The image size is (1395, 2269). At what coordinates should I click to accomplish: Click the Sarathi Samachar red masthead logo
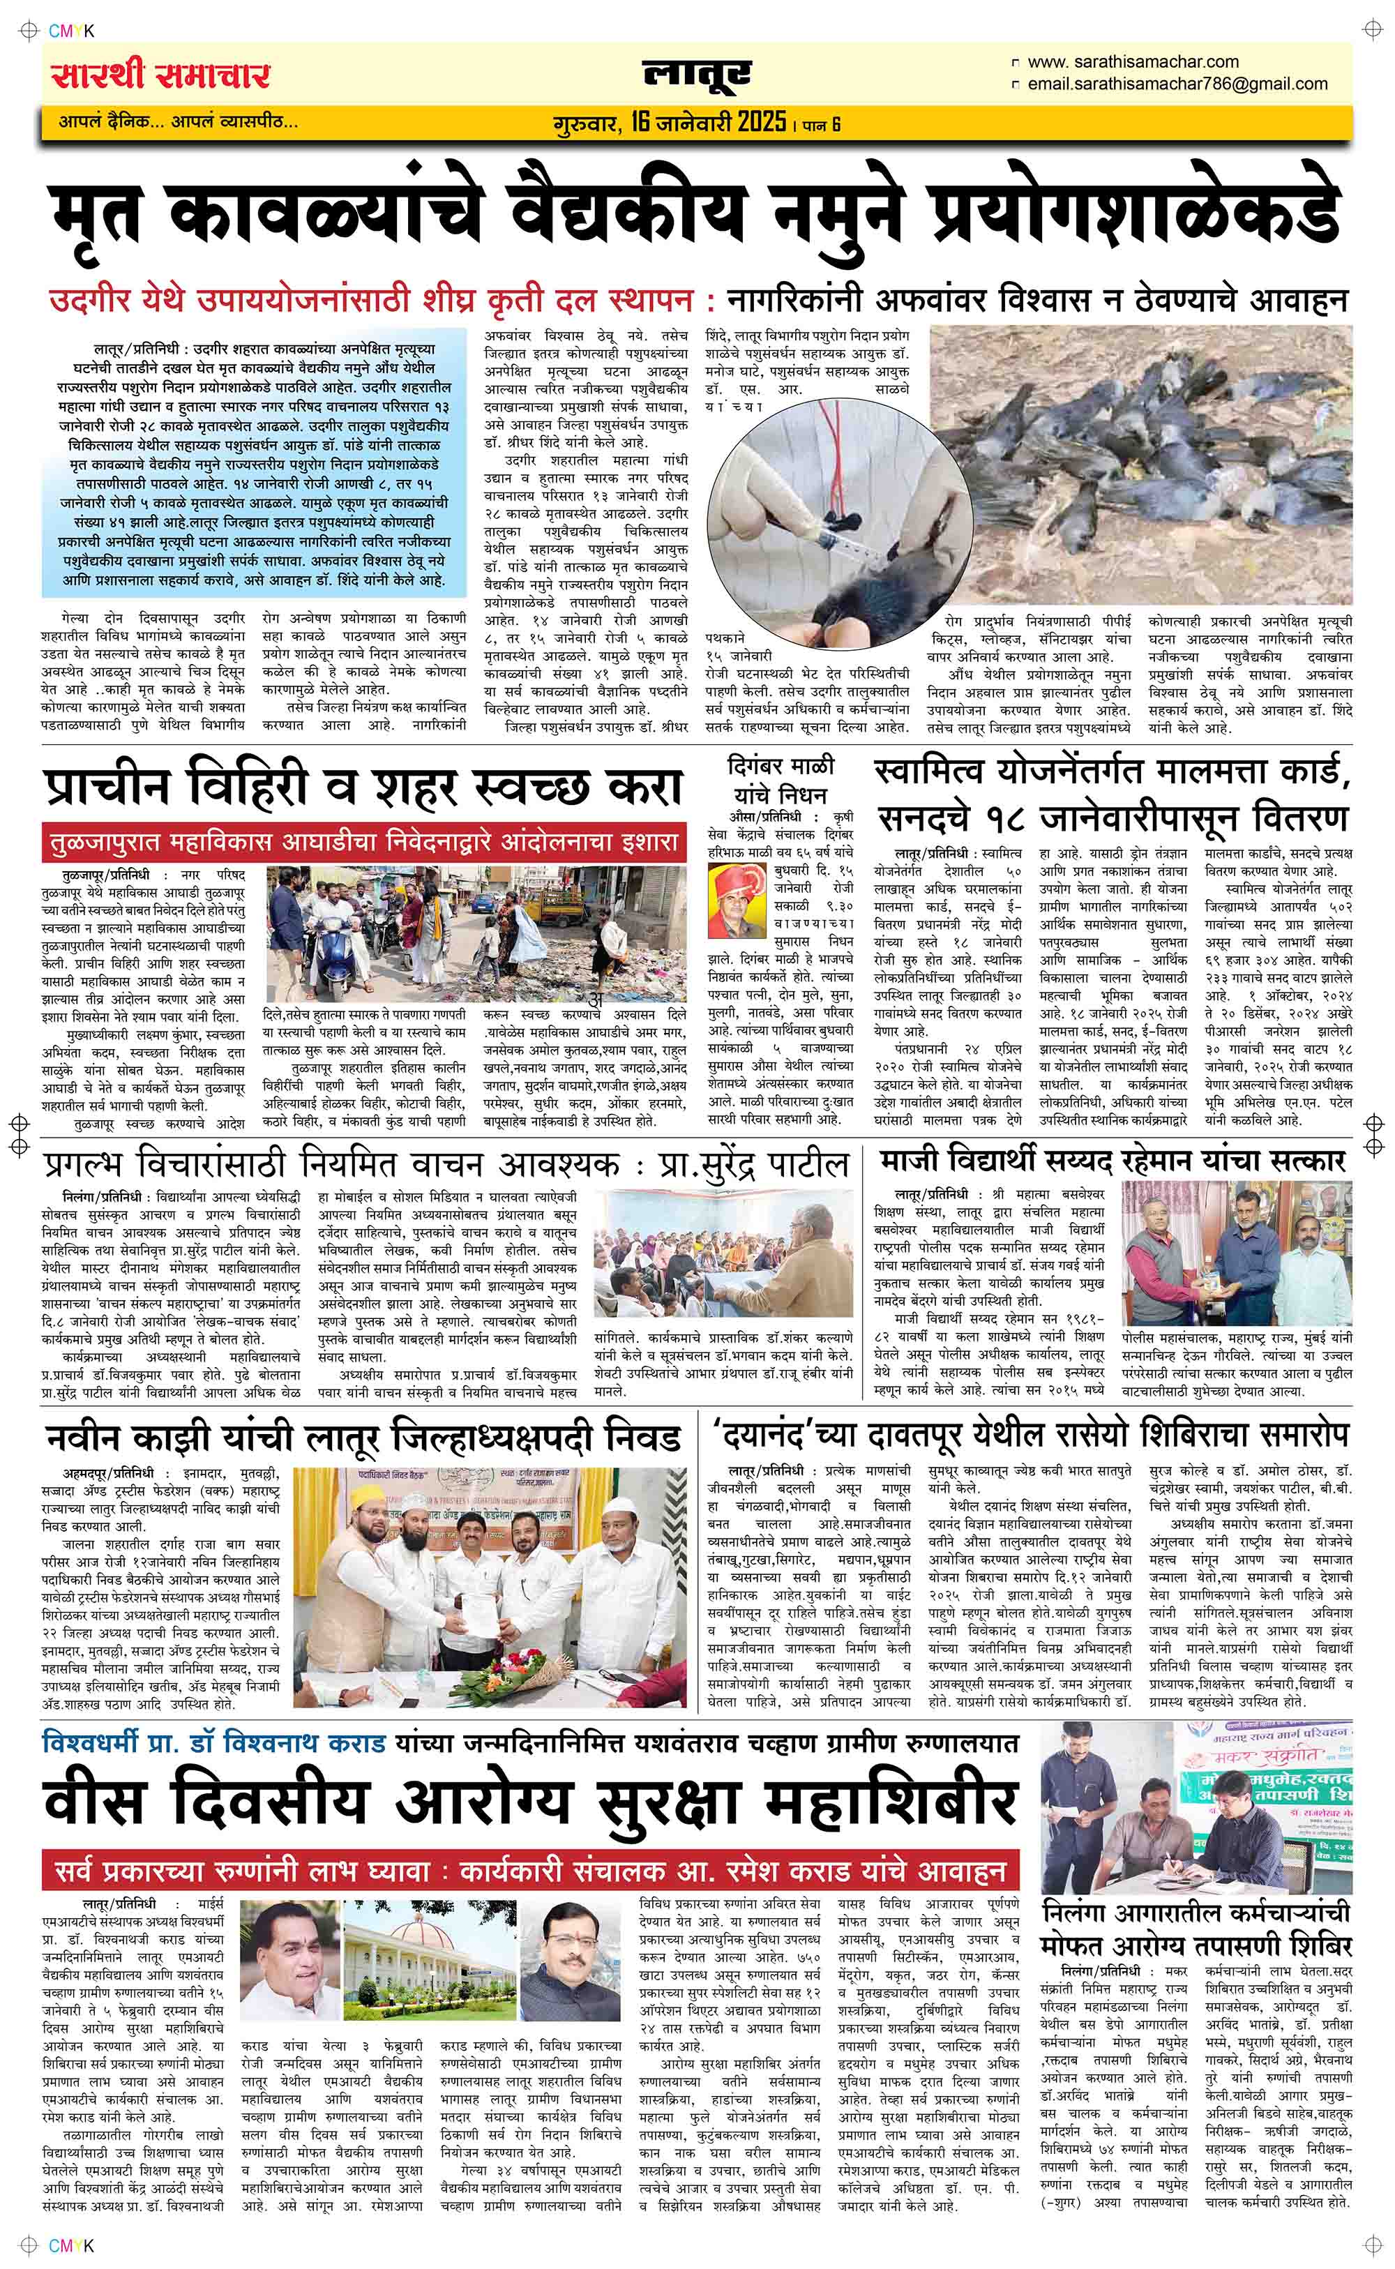(160, 75)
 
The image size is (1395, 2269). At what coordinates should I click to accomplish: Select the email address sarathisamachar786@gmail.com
(1177, 84)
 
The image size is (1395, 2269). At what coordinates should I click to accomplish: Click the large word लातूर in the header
(697, 77)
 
